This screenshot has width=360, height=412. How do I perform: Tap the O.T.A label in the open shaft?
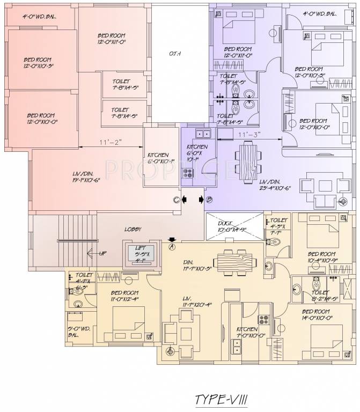point(174,54)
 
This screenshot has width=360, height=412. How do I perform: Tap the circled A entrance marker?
point(172,247)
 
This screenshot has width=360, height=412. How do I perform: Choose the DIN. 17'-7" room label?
point(199,264)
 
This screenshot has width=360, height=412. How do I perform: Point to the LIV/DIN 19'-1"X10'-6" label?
point(91,177)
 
